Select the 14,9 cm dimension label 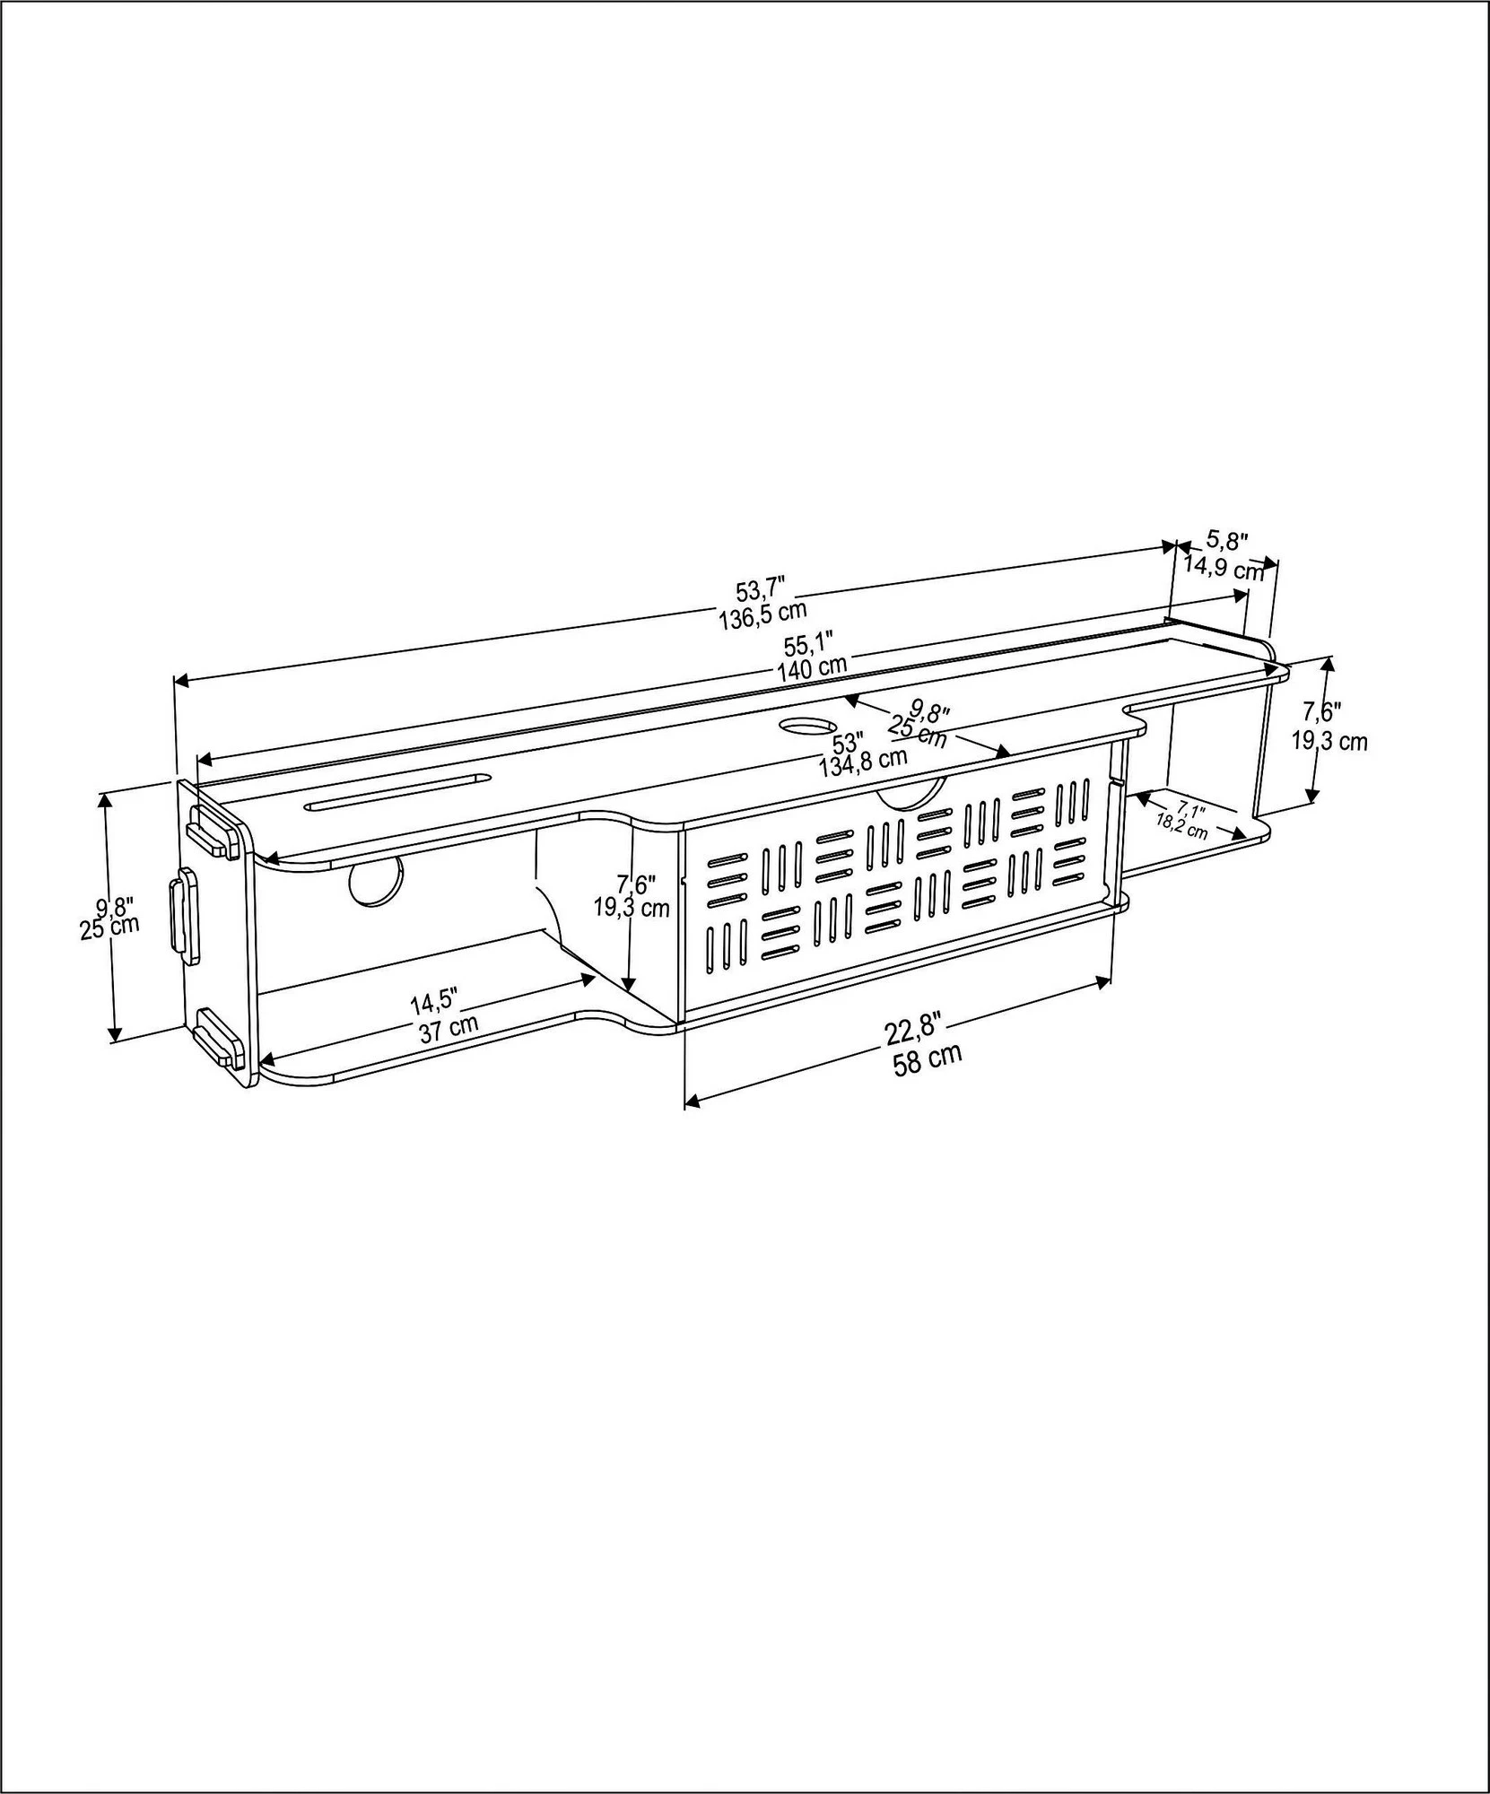[x=1224, y=568]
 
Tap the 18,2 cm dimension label [x=1181, y=824]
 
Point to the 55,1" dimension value [x=810, y=644]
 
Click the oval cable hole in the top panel [x=808, y=725]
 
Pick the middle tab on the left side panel [x=185, y=916]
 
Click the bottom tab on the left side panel [x=219, y=1037]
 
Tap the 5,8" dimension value [x=1226, y=541]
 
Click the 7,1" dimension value [x=1190, y=809]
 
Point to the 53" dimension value [x=848, y=744]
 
